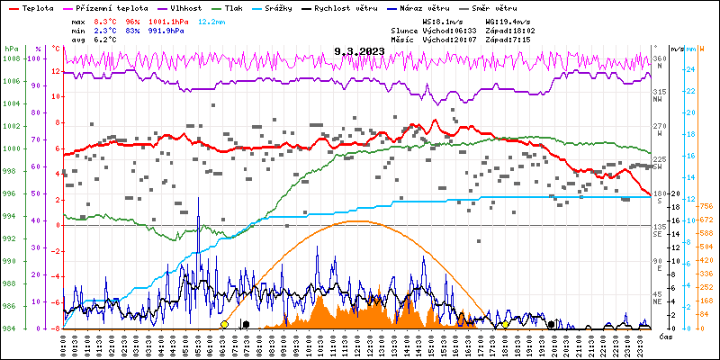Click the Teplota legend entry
pyautogui.click(x=36, y=7)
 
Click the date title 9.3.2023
pyautogui.click(x=358, y=51)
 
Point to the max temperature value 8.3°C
pyautogui.click(x=105, y=20)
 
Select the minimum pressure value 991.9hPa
pyautogui.click(x=165, y=30)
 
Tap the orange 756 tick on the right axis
pyautogui.click(x=707, y=206)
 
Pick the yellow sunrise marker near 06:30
pyautogui.click(x=224, y=324)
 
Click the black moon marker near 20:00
pyautogui.click(x=552, y=324)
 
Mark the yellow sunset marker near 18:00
pyautogui.click(x=505, y=324)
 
